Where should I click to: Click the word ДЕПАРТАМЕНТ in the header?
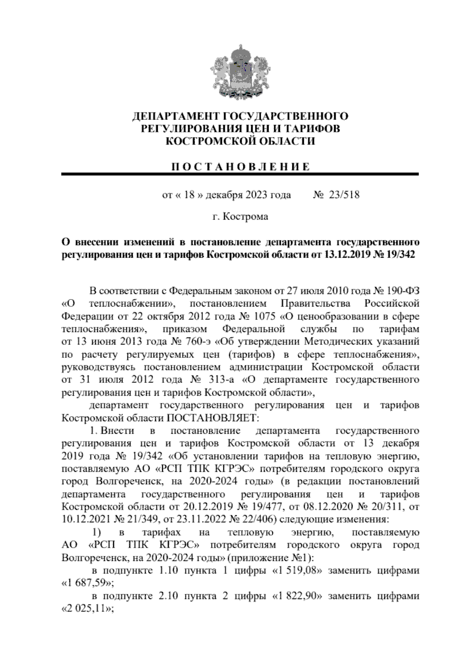point(176,116)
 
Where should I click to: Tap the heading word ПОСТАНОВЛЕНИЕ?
point(240,167)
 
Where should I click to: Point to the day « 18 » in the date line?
point(189,195)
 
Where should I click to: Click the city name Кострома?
point(246,217)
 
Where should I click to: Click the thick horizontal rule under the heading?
point(240,174)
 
